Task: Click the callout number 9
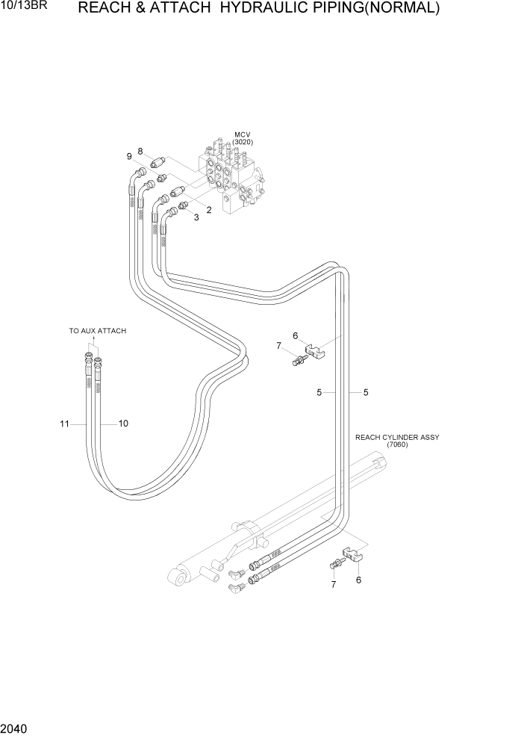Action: (x=129, y=156)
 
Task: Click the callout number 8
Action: (x=140, y=152)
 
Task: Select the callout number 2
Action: (x=209, y=210)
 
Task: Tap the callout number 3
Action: (x=196, y=217)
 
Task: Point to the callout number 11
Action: (x=65, y=424)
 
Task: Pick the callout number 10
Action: (x=123, y=424)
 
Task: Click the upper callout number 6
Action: (x=295, y=336)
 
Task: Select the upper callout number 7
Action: (x=279, y=346)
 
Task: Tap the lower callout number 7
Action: (x=334, y=584)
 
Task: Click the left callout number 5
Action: (x=319, y=392)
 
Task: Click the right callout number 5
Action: (x=366, y=392)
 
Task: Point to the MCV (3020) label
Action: (x=242, y=139)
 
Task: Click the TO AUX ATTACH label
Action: (x=98, y=331)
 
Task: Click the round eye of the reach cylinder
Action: (x=178, y=577)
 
